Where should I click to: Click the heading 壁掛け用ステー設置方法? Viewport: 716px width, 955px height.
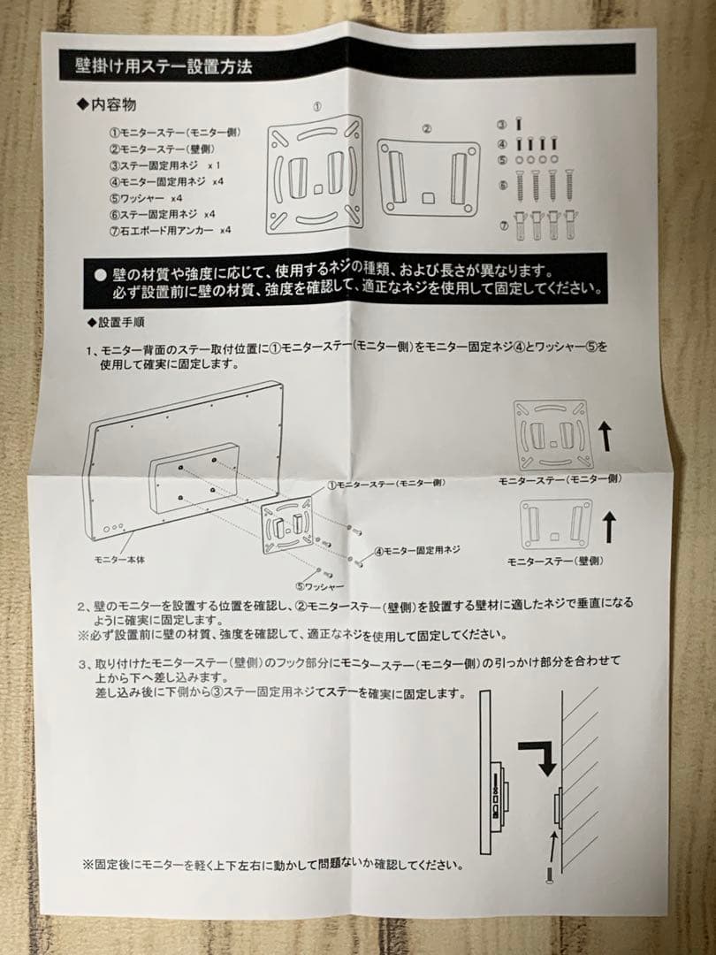tap(164, 65)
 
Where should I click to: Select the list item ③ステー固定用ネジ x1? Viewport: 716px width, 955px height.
tap(165, 165)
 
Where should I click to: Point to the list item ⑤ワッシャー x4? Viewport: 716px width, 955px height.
tap(146, 198)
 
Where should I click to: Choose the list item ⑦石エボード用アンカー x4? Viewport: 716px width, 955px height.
tap(171, 230)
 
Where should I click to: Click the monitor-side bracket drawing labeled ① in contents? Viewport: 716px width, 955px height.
tap(315, 175)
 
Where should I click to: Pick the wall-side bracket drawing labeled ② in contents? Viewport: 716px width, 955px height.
tap(428, 177)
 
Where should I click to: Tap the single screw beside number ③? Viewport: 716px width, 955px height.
tap(519, 124)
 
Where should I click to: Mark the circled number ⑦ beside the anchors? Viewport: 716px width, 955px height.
tap(504, 225)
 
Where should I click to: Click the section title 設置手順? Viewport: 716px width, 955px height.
tap(116, 322)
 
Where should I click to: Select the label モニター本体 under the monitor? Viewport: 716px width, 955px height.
tap(119, 559)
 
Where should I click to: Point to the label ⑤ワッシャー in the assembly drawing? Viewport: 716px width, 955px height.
tap(320, 586)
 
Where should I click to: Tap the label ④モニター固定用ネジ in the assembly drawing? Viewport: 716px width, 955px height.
tap(417, 551)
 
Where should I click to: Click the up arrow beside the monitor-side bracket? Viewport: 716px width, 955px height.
tap(606, 438)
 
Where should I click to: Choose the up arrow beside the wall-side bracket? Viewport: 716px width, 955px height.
tap(609, 527)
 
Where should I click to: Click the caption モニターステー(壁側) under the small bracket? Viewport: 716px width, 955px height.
tap(555, 561)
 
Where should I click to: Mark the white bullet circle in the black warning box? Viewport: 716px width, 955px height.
tap(101, 275)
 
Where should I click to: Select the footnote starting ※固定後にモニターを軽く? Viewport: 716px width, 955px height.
tap(272, 865)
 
